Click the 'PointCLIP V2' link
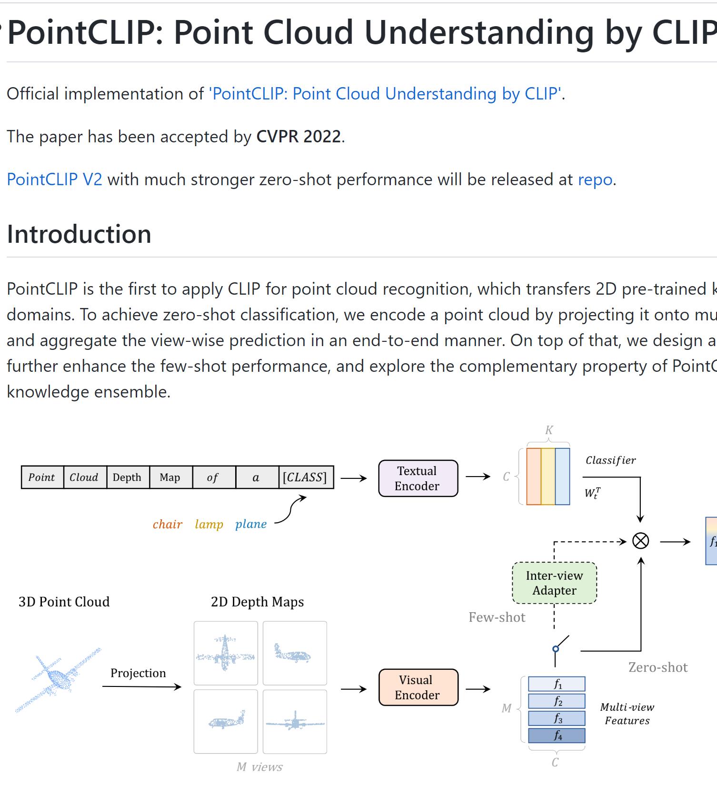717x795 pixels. pos(54,179)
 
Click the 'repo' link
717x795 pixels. pos(595,179)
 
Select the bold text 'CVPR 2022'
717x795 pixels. pos(299,137)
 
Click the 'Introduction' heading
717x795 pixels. pos(79,234)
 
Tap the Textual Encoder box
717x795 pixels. pos(418,478)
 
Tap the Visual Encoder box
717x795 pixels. pos(418,687)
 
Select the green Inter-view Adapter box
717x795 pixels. pos(554,583)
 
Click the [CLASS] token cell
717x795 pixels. pos(305,477)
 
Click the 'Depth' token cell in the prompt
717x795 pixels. pos(127,477)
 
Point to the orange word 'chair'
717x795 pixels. pos(167,524)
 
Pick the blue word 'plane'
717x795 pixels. pos(251,524)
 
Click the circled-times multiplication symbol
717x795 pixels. pos(640,541)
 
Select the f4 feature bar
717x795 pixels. pos(557,736)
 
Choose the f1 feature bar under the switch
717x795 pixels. pos(557,685)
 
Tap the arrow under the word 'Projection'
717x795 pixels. pos(141,686)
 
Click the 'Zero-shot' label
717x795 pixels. pos(658,667)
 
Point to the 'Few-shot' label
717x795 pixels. pos(497,617)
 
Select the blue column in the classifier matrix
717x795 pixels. pos(562,477)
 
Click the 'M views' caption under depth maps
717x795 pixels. pos(259,767)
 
